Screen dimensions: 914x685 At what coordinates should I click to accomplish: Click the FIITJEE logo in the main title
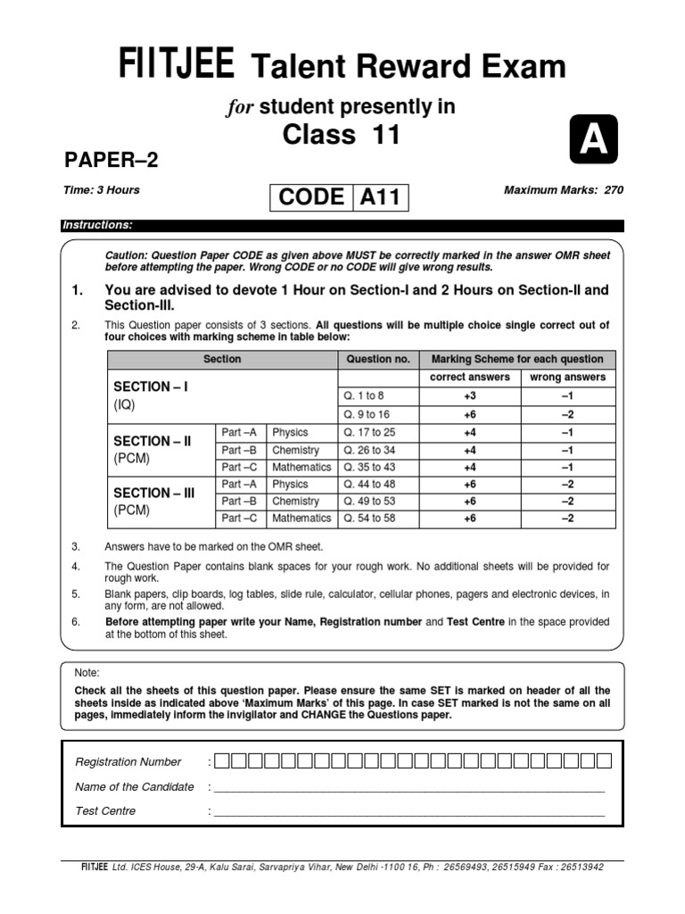(177, 66)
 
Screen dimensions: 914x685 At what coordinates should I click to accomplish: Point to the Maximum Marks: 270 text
(564, 190)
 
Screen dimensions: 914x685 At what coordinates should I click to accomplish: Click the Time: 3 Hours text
(102, 190)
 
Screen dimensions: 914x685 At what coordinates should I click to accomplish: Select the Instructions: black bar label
(98, 225)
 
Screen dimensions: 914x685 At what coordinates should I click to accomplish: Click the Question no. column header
(377, 359)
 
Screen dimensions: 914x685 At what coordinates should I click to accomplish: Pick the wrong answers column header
(567, 378)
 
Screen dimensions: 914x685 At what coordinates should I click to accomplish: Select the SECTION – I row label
(151, 386)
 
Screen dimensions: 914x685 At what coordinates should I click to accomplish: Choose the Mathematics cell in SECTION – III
(301, 518)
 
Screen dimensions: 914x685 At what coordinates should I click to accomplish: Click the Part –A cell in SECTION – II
(239, 432)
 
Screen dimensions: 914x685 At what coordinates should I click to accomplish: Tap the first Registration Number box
(222, 761)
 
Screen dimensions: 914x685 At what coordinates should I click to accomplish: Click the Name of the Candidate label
(135, 786)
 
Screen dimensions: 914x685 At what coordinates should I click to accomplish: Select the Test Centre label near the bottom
(106, 810)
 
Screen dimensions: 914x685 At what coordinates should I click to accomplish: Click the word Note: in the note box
(87, 673)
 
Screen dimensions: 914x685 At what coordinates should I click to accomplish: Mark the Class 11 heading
(342, 136)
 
